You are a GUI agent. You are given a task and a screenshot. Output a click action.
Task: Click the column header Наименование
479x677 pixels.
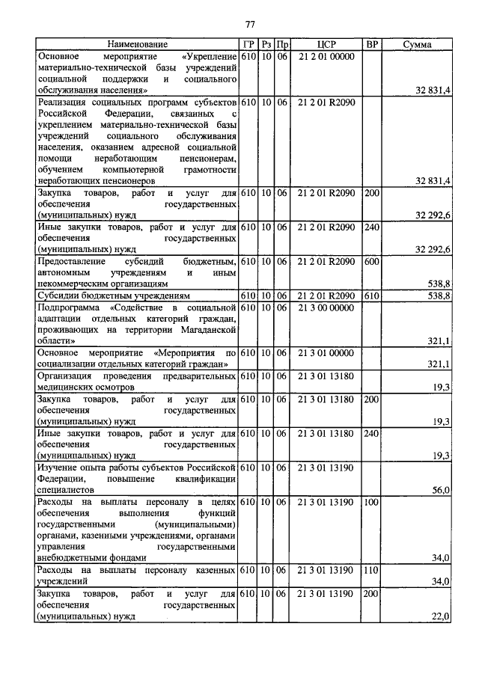pos(137,45)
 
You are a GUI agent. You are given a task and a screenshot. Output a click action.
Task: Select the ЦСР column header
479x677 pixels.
pos(326,45)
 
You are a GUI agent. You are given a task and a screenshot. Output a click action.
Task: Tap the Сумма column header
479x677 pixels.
pos(416,45)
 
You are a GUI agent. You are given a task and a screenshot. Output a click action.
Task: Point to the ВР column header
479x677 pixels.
pos(371,45)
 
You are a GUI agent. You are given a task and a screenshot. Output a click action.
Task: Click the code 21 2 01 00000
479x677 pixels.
pos(326,56)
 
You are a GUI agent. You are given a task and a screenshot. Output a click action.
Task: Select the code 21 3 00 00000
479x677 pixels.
pos(326,307)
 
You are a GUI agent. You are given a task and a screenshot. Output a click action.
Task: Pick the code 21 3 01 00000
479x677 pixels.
pos(326,352)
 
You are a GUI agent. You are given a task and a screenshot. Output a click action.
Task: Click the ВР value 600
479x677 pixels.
pos(371,262)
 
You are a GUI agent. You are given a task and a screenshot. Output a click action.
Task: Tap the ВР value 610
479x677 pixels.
pos(371,296)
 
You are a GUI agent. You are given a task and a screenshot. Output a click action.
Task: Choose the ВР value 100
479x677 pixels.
pos(371,502)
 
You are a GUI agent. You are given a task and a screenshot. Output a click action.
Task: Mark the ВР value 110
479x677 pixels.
pos(371,570)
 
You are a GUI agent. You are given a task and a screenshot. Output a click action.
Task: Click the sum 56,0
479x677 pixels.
pos(441,490)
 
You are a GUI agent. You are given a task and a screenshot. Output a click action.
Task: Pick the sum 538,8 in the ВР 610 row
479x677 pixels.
pos(438,296)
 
